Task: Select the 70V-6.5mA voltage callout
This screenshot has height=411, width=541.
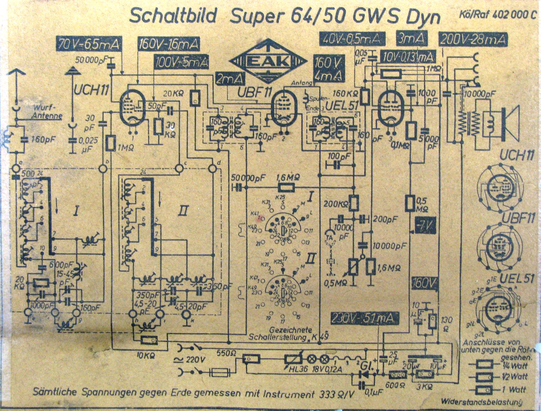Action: (x=89, y=45)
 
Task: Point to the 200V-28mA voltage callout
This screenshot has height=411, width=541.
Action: (x=473, y=39)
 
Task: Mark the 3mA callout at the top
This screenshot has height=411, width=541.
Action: (x=411, y=38)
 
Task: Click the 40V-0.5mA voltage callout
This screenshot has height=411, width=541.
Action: (x=353, y=39)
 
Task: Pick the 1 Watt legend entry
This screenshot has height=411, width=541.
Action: (x=512, y=390)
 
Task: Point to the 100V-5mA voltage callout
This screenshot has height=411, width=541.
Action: (x=181, y=63)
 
